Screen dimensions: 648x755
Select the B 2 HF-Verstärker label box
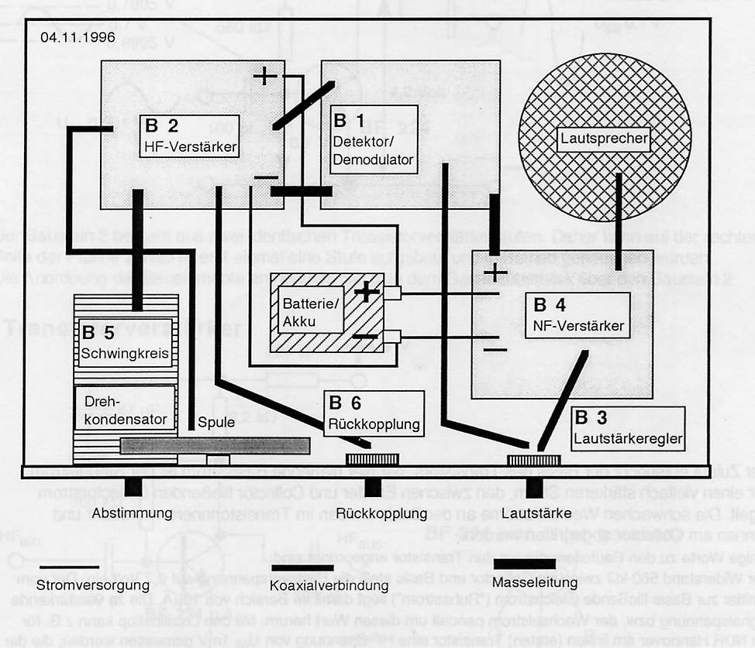[190, 135]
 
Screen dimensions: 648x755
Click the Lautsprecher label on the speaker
[603, 139]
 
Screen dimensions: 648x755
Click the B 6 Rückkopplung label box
[375, 413]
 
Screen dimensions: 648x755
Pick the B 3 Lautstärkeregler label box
[629, 428]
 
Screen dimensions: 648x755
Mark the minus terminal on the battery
[366, 337]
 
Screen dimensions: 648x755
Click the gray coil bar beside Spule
[214, 445]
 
